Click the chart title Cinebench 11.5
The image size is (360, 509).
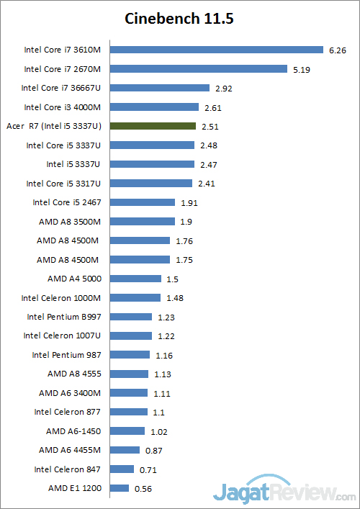point(179,19)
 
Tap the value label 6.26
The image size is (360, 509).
point(338,50)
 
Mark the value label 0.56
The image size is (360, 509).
point(143,489)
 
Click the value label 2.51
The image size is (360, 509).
point(210,127)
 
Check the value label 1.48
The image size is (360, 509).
point(176,298)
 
